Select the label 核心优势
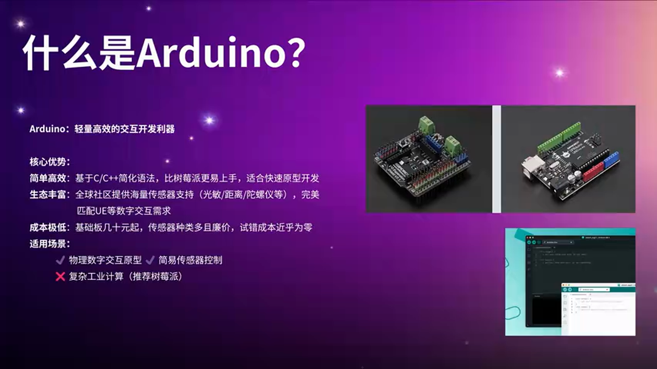point(49,162)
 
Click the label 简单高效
point(49,178)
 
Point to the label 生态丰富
point(49,195)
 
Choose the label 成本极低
point(49,227)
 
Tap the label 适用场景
point(49,243)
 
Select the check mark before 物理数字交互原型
point(60,260)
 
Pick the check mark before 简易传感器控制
point(150,260)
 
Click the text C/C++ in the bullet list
point(106,178)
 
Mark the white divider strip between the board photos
point(496,159)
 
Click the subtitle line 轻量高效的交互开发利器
point(125,129)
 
